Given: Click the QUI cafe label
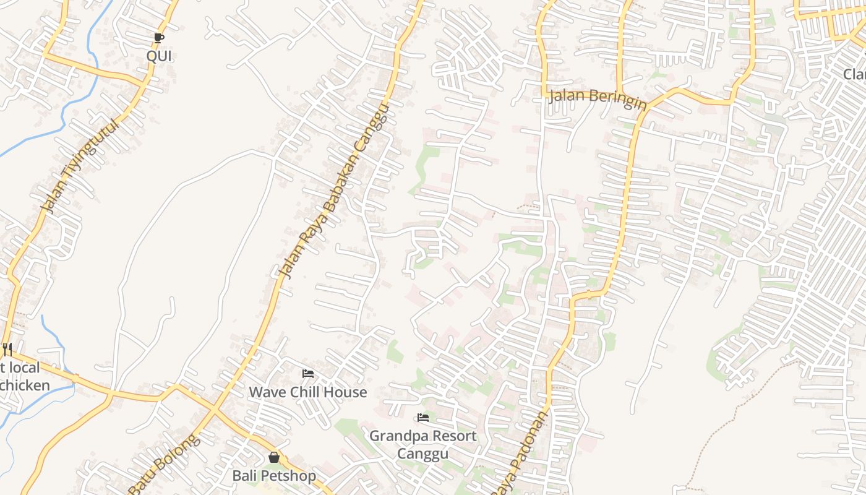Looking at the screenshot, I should (x=159, y=56).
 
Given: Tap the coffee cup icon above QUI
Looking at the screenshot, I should (x=159, y=38).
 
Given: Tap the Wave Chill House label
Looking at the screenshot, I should (x=307, y=392).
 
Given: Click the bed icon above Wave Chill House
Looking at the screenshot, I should (x=307, y=374).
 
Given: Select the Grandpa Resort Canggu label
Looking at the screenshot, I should (x=422, y=444).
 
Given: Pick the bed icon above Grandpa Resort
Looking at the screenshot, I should (x=423, y=418).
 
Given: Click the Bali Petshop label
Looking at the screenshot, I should (x=274, y=476).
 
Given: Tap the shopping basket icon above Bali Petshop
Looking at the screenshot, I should (x=274, y=457).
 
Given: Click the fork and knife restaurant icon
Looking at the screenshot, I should (x=7, y=350).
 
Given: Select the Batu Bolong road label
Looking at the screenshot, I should (x=165, y=464).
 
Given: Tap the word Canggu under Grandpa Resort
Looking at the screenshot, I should (x=422, y=454).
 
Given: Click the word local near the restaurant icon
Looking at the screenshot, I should (x=22, y=368).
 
